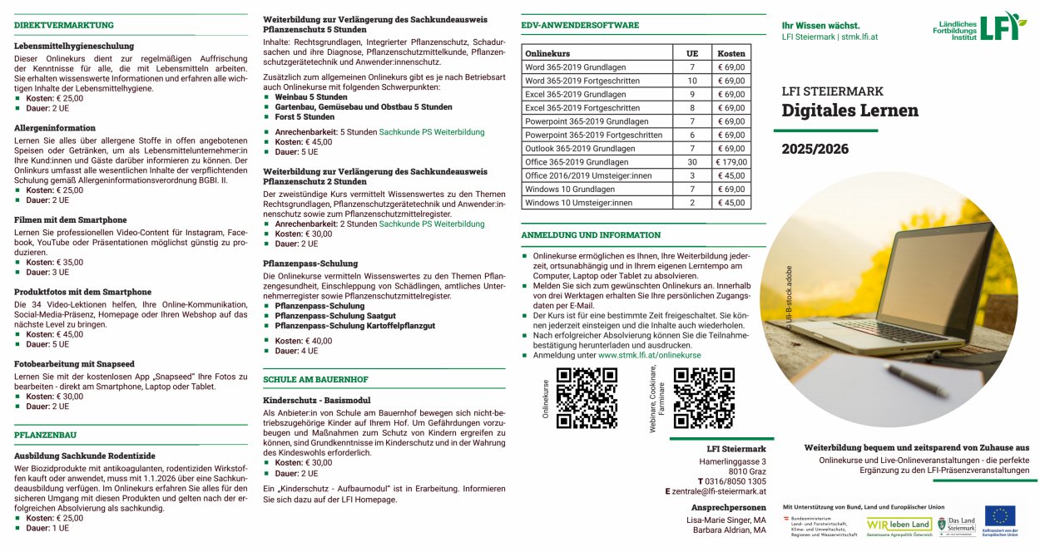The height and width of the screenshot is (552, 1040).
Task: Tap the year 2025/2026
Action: click(815, 150)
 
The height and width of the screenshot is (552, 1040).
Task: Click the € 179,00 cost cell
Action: click(731, 162)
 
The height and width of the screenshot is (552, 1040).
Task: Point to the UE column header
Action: click(691, 53)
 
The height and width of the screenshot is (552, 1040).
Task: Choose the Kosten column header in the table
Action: click(731, 53)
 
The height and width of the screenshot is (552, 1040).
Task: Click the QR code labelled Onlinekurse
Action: click(587, 397)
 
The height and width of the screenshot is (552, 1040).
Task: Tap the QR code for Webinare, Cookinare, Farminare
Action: click(704, 397)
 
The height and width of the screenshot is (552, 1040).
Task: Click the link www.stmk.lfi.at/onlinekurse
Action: click(649, 355)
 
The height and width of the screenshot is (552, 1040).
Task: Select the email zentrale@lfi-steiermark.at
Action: click(720, 491)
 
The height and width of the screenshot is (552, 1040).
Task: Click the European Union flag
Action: click(999, 516)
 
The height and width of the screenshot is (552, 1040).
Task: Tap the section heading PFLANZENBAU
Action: click(45, 435)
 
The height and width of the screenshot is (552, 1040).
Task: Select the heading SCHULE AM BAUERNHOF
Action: click(315, 379)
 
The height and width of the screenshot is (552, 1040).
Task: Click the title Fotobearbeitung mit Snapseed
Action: click(74, 364)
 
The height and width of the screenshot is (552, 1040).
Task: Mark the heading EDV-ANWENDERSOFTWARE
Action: click(580, 25)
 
